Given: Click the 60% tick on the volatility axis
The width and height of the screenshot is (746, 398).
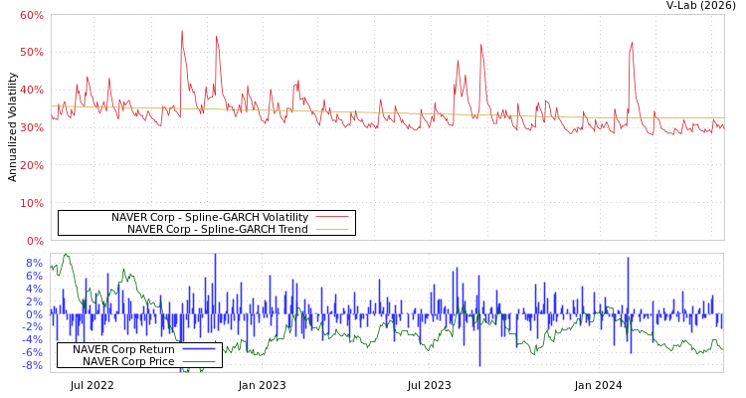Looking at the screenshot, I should tap(31, 15).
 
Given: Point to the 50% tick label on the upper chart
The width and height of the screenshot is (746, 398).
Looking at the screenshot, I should tap(31, 52).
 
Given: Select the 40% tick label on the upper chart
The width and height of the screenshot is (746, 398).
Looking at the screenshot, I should tap(31, 90).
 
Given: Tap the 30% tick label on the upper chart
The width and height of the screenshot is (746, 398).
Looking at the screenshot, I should tap(31, 127).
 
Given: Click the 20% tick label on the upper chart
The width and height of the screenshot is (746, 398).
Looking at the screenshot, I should tap(31, 165).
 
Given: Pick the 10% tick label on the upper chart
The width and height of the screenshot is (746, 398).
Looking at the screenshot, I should tap(31, 203).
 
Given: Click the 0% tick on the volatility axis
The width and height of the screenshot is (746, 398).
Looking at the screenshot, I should tap(35, 241).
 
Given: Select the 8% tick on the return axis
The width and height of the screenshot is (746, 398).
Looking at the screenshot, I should tap(35, 263).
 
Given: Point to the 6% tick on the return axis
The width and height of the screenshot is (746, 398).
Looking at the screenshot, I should tap(35, 276).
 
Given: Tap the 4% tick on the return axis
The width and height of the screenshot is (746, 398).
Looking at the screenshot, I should tap(35, 289).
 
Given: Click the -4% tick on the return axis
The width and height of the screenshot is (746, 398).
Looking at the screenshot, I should tap(33, 339).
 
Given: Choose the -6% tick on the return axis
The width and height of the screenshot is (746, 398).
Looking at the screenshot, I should tap(33, 352).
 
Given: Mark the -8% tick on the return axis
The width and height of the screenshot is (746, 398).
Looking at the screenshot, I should tap(33, 365).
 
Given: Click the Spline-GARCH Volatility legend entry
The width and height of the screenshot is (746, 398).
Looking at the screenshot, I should tap(209, 217).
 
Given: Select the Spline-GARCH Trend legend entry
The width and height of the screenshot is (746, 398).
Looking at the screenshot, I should tap(217, 229).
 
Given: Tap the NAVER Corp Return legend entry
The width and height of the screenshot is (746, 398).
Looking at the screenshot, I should tap(123, 349).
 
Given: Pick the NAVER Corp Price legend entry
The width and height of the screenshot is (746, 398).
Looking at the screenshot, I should tap(127, 361).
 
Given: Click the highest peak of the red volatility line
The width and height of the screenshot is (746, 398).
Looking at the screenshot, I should tap(181, 31).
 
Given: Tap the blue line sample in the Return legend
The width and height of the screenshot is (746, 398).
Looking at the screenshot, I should tap(199, 349).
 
